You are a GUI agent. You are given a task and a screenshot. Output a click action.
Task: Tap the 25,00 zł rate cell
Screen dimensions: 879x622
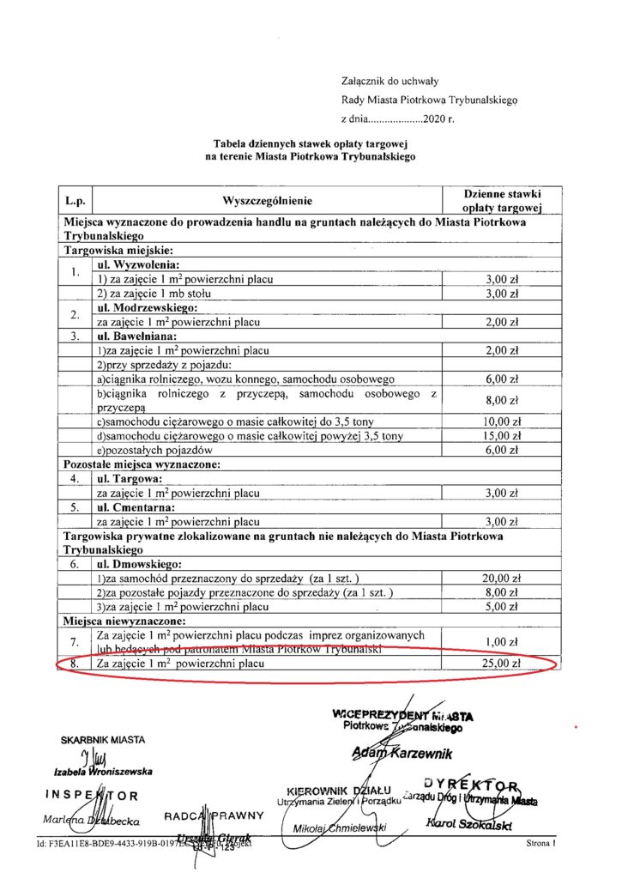pos(503,664)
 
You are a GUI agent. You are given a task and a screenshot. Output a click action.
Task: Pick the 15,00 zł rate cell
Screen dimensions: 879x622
pos(503,436)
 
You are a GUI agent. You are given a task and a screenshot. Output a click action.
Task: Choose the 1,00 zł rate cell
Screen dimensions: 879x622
pos(503,641)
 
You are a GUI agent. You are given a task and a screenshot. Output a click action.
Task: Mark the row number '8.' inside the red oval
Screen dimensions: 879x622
pos(75,664)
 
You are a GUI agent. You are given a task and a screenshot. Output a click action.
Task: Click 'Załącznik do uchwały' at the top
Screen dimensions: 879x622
pos(390,82)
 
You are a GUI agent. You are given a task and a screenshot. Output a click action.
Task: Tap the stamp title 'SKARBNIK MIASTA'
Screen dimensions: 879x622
pos(103,739)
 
